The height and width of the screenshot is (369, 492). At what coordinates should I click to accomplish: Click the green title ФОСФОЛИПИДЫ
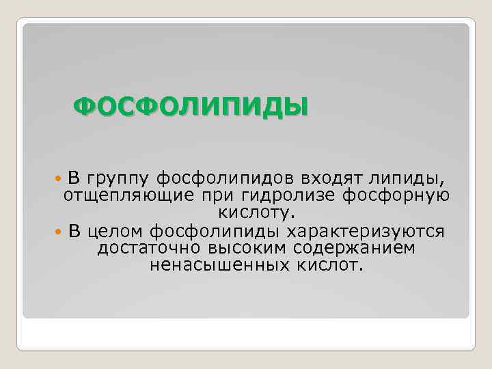190,107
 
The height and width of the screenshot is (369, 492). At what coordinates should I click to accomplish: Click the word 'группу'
117,180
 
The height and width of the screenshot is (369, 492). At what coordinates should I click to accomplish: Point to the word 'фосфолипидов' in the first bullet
224,179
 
